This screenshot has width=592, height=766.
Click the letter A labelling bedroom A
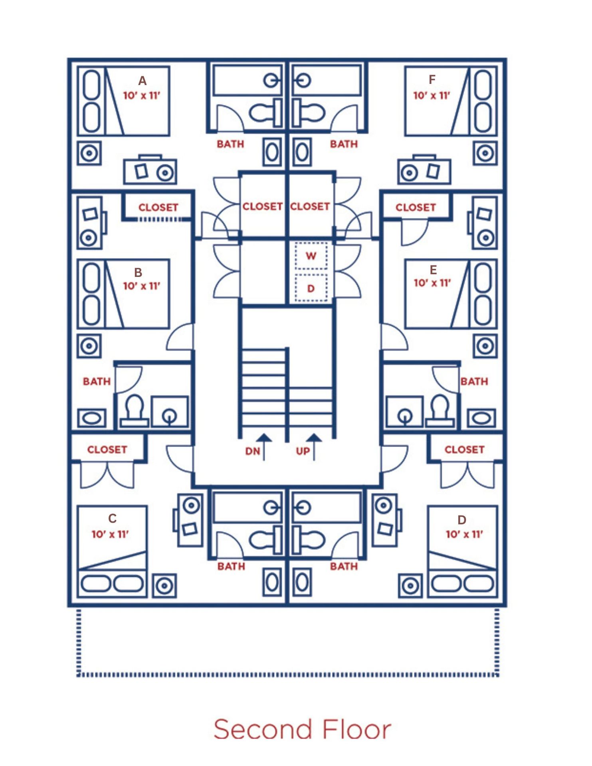(142, 81)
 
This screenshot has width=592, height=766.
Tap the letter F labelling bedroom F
(432, 80)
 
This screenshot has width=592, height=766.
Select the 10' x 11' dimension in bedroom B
(141, 286)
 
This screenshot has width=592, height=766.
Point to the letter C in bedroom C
(112, 518)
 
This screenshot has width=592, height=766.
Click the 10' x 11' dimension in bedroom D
(464, 534)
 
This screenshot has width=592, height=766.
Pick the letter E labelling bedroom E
(433, 270)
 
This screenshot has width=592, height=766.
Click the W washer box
(311, 256)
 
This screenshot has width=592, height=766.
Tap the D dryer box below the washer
(311, 288)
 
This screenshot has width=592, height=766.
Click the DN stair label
(253, 451)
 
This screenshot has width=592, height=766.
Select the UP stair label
(303, 451)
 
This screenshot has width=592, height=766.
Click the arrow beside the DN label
(264, 447)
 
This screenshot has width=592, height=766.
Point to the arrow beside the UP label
(314, 447)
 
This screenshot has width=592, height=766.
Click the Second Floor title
(302, 729)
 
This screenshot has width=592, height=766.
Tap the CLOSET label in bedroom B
(158, 207)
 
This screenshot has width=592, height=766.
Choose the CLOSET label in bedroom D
(464, 450)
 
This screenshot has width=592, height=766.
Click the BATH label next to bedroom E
(474, 382)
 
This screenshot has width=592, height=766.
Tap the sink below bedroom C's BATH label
(272, 583)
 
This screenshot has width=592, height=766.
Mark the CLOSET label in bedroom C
(107, 450)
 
